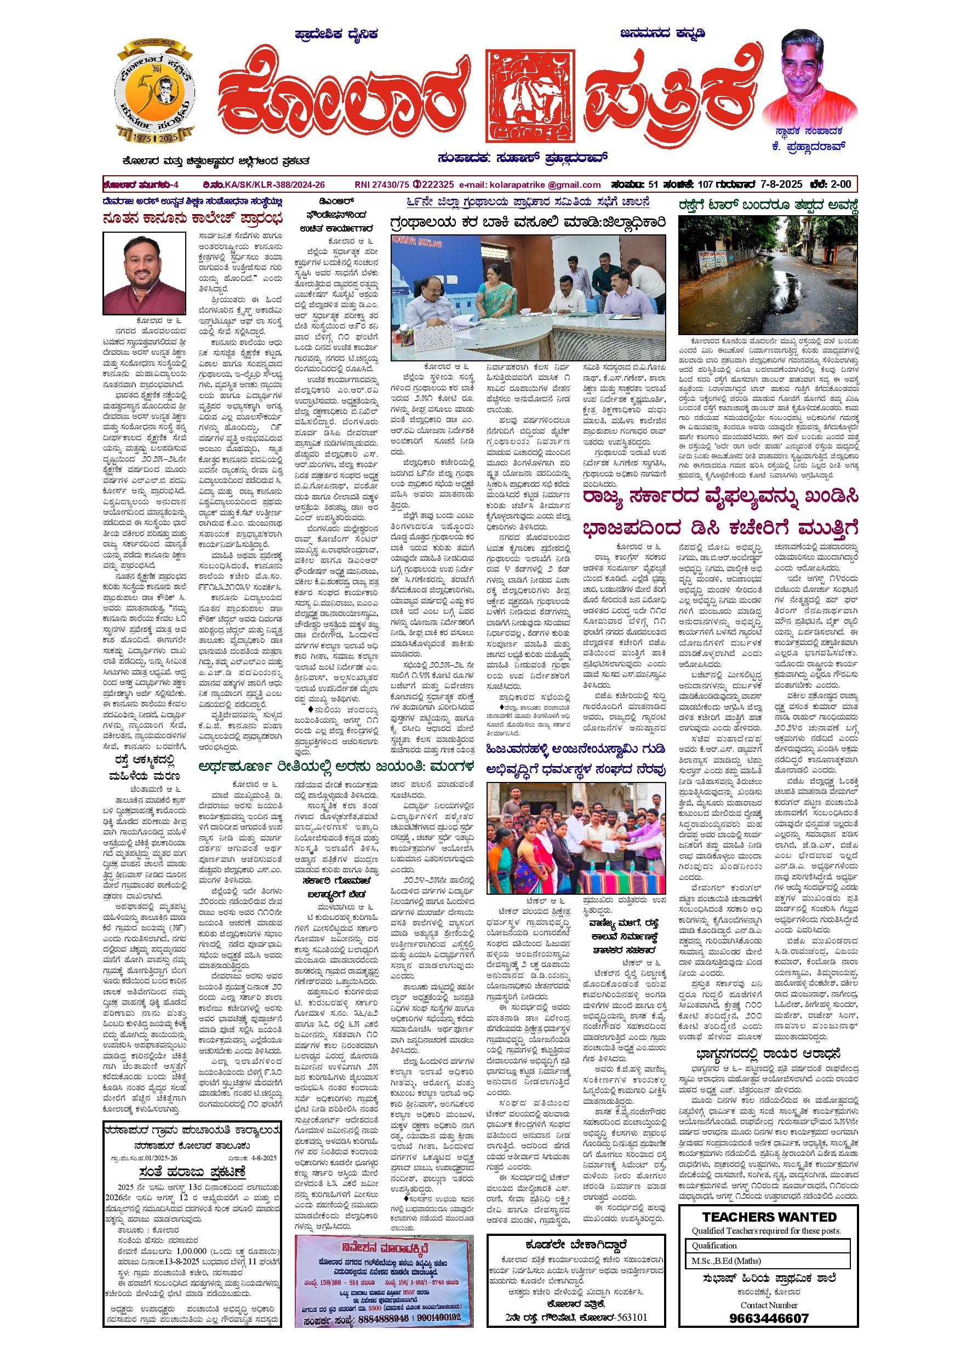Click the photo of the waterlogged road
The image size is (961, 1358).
[x=767, y=275]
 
